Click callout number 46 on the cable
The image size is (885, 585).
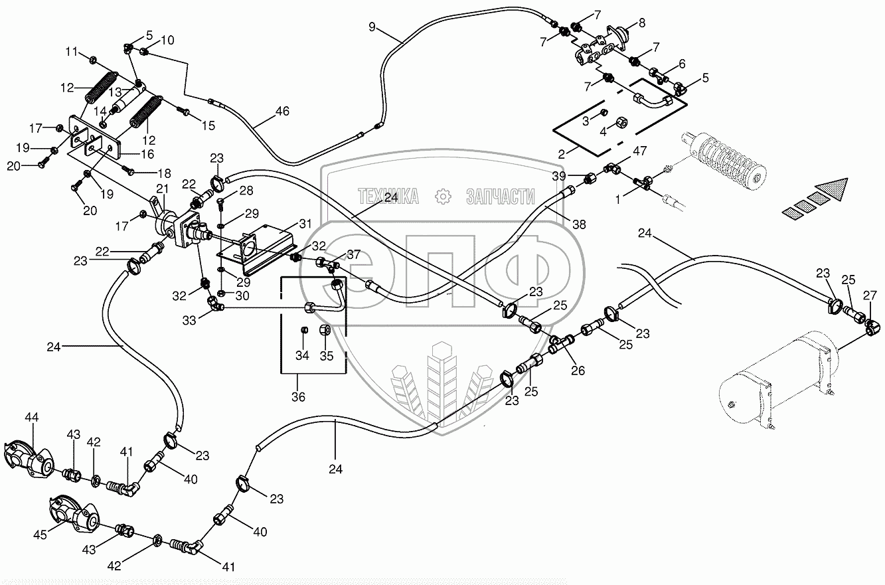tap(282, 112)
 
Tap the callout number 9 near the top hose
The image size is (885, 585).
tap(372, 27)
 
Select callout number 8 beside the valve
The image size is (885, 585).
tap(641, 23)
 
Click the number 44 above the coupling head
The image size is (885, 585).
tap(32, 416)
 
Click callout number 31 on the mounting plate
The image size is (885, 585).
tap(305, 222)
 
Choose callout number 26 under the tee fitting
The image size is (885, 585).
tap(578, 371)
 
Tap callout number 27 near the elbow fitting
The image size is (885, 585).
tap(870, 294)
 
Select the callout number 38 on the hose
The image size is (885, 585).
tap(580, 225)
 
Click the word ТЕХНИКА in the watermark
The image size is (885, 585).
tap(388, 195)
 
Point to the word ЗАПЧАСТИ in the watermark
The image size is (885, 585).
tap(501, 195)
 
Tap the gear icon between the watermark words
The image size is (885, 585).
tap(442, 196)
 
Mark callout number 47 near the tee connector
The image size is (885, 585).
tap(639, 151)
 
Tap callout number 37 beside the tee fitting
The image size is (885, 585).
tap(353, 255)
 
